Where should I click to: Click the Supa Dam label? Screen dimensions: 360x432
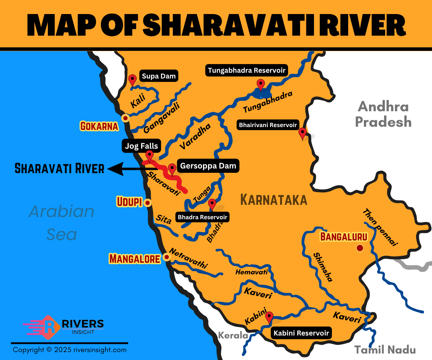159,76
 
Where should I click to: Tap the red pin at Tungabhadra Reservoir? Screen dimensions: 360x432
260,85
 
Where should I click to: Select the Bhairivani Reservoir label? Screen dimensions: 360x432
267,125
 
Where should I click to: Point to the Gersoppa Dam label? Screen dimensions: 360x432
208,166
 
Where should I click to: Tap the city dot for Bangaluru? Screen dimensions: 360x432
359,248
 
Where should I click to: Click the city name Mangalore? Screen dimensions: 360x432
135,258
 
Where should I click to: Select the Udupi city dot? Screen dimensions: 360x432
147,203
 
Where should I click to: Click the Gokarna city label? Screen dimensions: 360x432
99,126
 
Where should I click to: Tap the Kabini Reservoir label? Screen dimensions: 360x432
301,333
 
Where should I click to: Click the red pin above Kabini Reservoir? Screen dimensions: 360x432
269,317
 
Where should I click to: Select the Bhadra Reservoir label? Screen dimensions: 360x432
203,217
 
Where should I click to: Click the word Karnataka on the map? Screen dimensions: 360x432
274,199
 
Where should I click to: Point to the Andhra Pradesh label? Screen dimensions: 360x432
383,114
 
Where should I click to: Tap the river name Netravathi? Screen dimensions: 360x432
188,258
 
